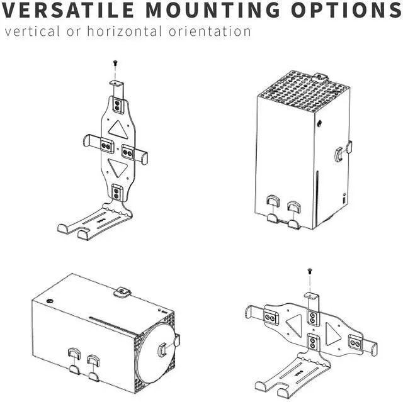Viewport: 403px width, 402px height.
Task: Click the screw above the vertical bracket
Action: tap(115, 63)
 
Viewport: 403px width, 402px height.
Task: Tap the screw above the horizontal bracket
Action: tap(310, 272)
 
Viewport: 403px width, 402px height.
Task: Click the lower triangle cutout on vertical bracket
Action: tap(116, 167)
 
